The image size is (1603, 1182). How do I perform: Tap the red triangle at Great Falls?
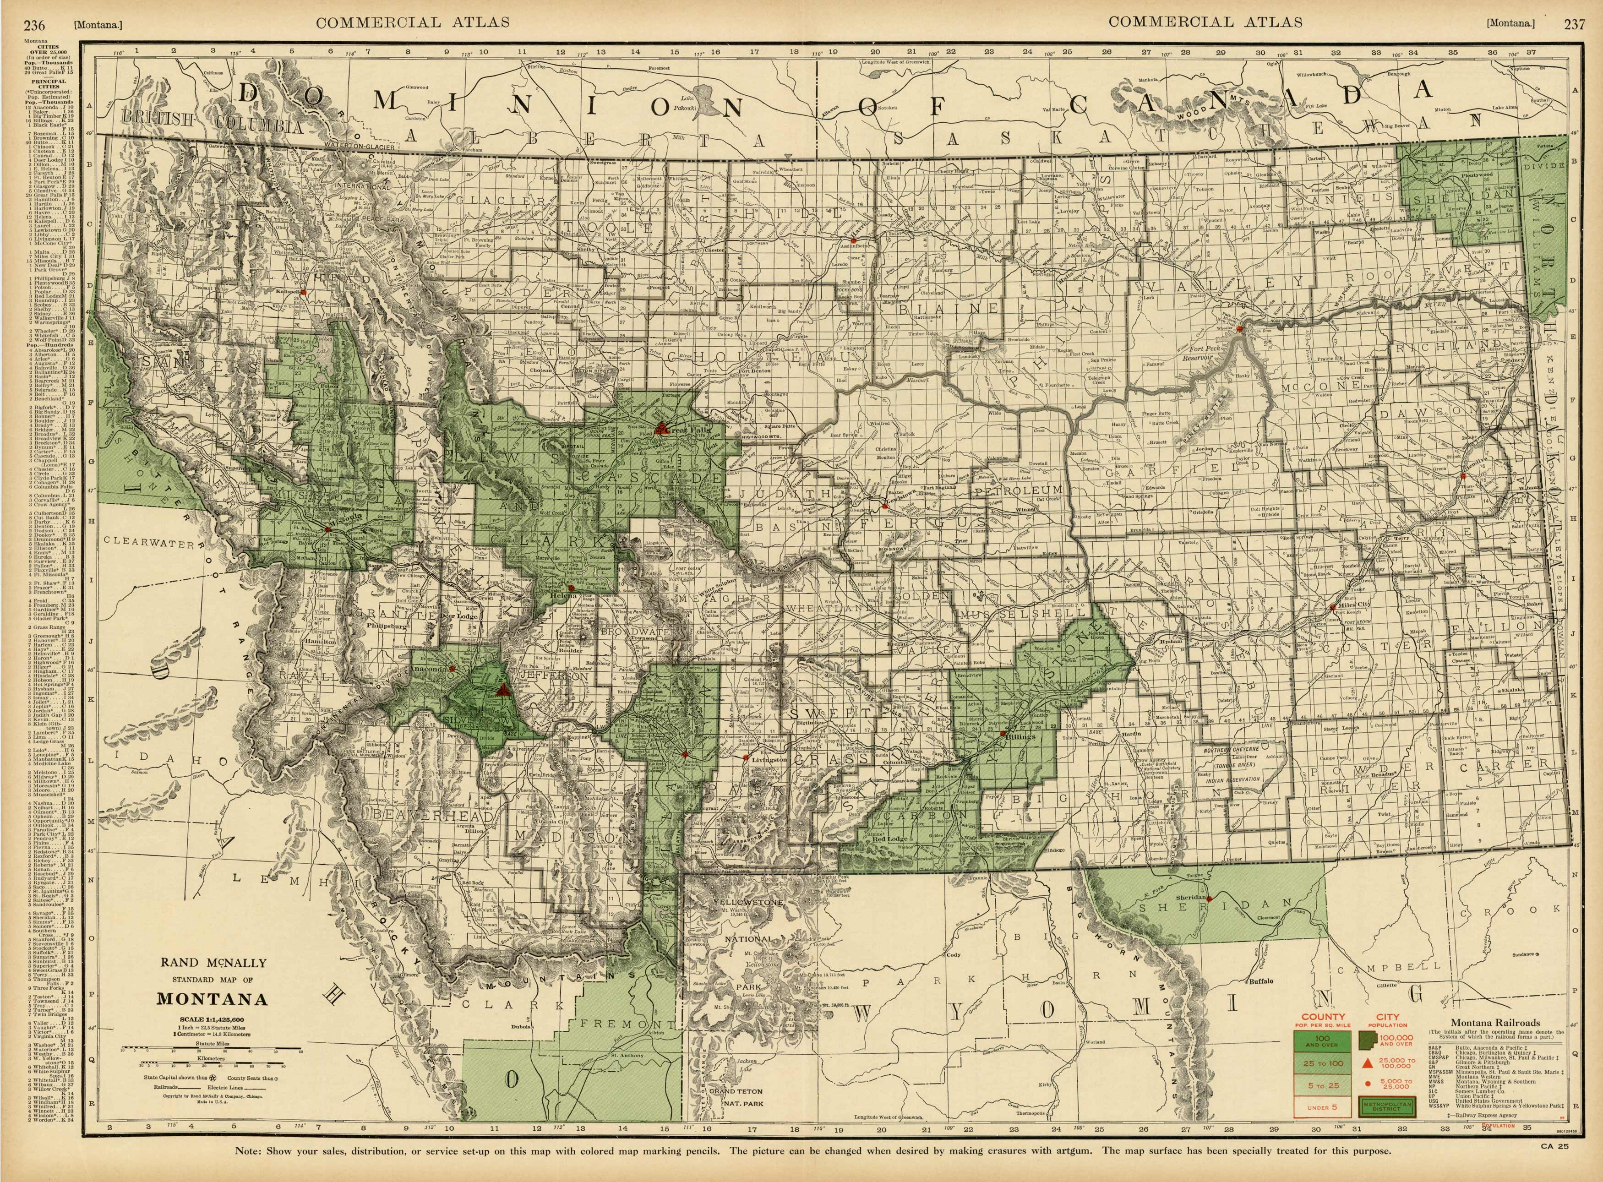[662, 427]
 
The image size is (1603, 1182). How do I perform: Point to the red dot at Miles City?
[1332, 607]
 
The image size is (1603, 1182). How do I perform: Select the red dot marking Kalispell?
[303, 293]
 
